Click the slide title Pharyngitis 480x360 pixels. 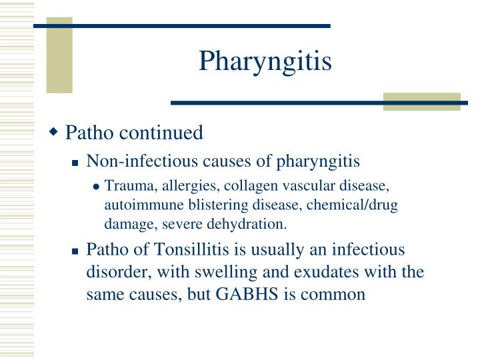coord(265,62)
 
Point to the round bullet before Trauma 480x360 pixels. coord(97,187)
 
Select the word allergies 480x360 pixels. coord(176,186)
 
